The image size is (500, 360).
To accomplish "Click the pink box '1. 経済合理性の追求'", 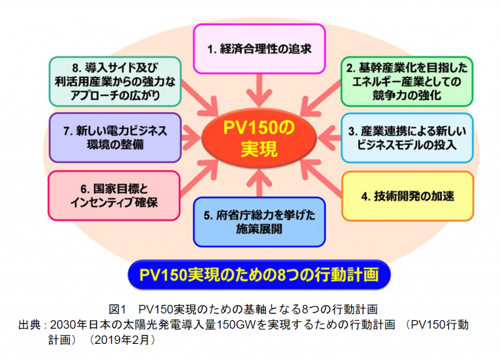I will coord(259,49).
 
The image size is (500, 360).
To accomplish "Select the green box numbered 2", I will coord(406,81).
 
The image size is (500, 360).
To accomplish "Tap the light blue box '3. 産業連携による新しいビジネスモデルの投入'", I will coord(406,138).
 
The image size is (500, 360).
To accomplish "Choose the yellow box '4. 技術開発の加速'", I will coord(407,196).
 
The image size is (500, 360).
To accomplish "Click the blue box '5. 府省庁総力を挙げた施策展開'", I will coord(259,221).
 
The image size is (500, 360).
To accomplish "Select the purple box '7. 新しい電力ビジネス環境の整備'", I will coord(115,138).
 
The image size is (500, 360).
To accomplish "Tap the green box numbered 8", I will coord(115,81).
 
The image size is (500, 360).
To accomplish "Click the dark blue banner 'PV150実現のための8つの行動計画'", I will coord(259,275).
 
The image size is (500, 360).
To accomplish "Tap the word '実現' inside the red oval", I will coord(259,149).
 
